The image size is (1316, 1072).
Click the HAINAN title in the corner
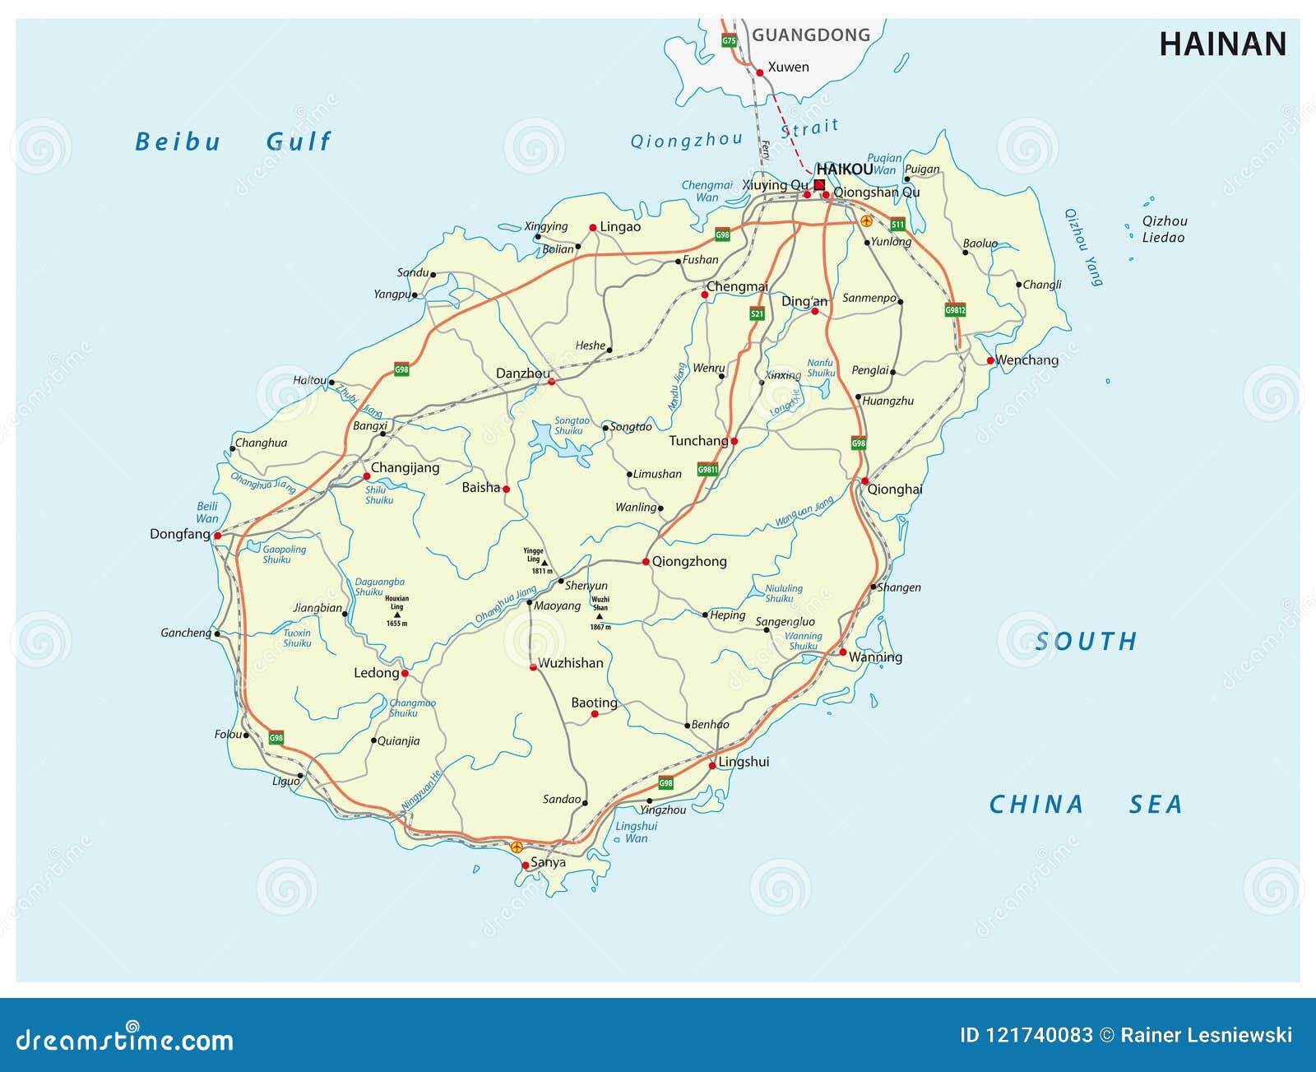[1222, 44]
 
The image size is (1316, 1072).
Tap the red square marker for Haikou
[819, 185]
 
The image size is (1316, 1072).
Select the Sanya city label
[548, 862]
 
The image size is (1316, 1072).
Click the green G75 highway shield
[729, 40]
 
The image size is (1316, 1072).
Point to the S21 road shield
[757, 313]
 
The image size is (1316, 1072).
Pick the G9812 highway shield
[955, 310]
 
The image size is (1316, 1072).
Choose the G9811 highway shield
[707, 470]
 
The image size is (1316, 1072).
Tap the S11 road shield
[897, 224]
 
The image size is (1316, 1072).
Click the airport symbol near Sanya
[517, 847]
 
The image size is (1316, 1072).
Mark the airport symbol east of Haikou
[866, 221]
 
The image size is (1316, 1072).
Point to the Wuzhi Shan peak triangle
[600, 616]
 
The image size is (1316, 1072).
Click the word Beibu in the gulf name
[178, 142]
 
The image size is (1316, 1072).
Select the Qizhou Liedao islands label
[1164, 230]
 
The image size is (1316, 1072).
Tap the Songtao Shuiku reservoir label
[571, 425]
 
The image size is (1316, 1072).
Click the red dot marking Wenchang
[991, 360]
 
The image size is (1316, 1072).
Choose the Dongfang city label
[179, 534]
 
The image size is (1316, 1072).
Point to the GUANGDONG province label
[810, 35]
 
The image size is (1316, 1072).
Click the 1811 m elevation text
[541, 571]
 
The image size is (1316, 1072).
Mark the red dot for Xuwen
[760, 72]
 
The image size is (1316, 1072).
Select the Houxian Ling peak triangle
[397, 615]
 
